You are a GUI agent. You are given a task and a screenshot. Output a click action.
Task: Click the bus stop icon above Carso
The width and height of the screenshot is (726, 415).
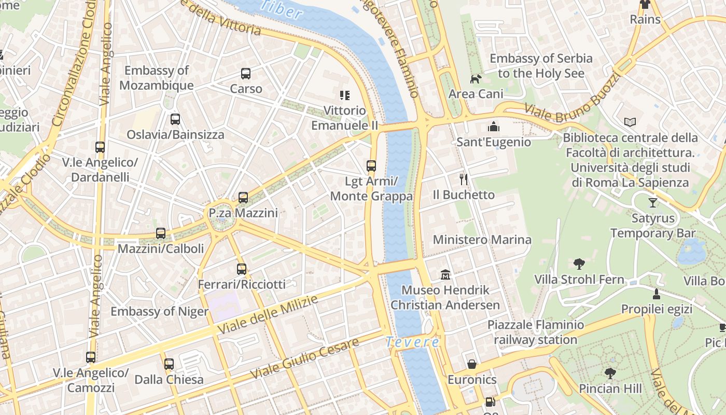pyautogui.click(x=246, y=74)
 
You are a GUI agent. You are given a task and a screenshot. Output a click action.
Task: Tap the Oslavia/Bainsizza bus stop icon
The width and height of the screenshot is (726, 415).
pyautogui.click(x=175, y=119)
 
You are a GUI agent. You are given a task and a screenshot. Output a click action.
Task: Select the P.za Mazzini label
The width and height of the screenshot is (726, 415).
pyautogui.click(x=243, y=213)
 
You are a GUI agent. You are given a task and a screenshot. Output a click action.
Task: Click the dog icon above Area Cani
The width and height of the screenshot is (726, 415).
pyautogui.click(x=476, y=79)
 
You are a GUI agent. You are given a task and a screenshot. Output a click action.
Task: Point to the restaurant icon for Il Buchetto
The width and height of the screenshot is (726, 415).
pyautogui.click(x=464, y=179)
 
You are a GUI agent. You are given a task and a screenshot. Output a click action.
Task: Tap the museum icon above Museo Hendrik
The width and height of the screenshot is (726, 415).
pyautogui.click(x=445, y=274)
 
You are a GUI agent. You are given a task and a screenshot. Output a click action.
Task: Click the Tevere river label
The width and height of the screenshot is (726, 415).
pyautogui.click(x=412, y=342)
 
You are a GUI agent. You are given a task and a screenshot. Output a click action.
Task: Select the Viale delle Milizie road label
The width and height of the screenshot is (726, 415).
pyautogui.click(x=268, y=315)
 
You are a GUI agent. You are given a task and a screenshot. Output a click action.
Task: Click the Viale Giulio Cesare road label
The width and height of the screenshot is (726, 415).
pyautogui.click(x=304, y=358)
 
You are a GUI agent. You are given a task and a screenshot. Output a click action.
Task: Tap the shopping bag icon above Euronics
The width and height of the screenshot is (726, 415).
pyautogui.click(x=472, y=364)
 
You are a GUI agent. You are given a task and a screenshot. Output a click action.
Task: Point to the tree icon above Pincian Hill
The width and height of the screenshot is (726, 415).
pyautogui.click(x=610, y=373)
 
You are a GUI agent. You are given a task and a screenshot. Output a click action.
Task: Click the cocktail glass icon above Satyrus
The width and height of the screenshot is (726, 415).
pyautogui.click(x=652, y=203)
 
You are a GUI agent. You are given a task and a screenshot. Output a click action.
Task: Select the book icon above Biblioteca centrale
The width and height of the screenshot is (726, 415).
pyautogui.click(x=630, y=122)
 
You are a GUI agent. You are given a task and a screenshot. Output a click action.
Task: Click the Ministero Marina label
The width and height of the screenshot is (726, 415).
pyautogui.click(x=482, y=240)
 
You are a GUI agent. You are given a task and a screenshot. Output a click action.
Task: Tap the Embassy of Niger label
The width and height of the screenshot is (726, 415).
pyautogui.click(x=159, y=311)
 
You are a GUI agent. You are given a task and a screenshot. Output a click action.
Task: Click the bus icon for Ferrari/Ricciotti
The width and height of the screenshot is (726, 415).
pyautogui.click(x=241, y=269)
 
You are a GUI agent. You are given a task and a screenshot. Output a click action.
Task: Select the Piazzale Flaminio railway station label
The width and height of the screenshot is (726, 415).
pyautogui.click(x=535, y=333)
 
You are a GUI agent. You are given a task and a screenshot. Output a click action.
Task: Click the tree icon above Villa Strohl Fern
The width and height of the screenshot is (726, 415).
pyautogui.click(x=579, y=264)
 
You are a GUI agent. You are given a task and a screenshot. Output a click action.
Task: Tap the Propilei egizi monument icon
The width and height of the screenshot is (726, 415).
pyautogui.click(x=657, y=294)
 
